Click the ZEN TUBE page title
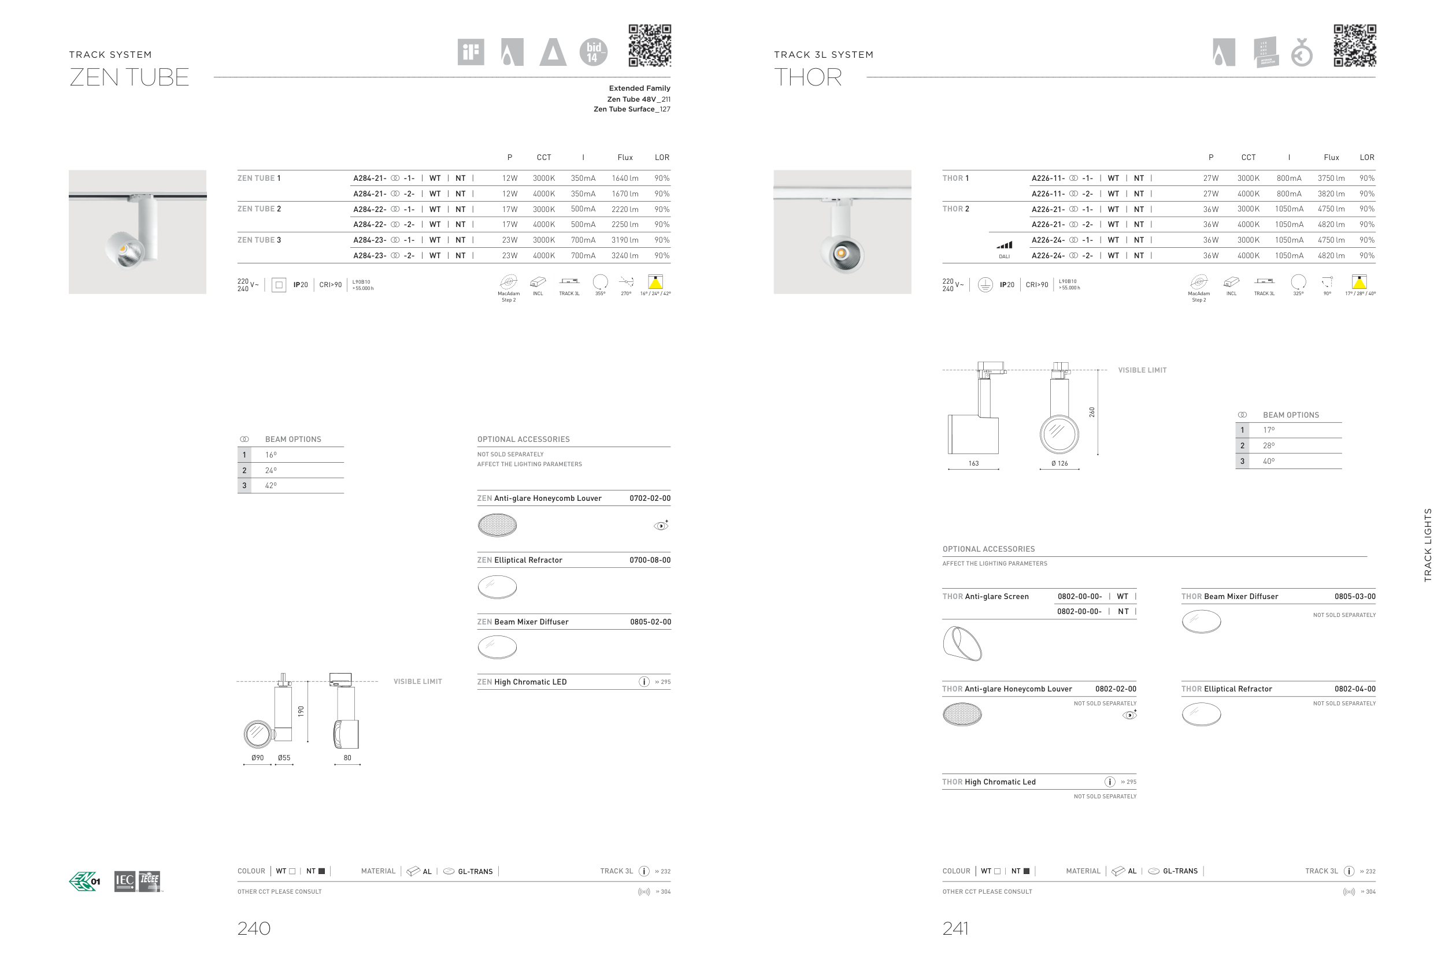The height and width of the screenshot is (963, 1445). (129, 77)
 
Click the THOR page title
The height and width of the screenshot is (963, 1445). (808, 77)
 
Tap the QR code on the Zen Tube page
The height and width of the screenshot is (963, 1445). (650, 46)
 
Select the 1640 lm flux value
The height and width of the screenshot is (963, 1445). (625, 178)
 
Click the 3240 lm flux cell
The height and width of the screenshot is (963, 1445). (625, 255)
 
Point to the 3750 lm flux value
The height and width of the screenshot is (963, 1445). (1331, 178)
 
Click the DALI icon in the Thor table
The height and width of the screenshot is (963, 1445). (1005, 248)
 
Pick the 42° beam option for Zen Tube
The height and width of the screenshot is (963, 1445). (271, 485)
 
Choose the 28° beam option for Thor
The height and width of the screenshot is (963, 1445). (1269, 445)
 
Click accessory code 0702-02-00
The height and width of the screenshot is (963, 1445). (650, 498)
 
